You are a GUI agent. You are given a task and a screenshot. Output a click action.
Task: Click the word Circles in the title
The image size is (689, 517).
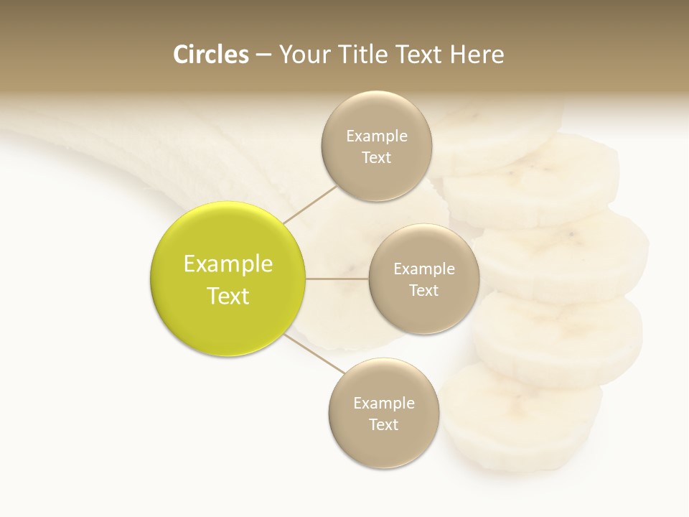pyautogui.click(x=210, y=55)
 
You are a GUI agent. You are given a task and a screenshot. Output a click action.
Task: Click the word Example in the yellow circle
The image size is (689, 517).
pyautogui.click(x=228, y=264)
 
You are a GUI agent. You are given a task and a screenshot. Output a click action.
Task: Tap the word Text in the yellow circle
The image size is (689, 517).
pyautogui.click(x=228, y=296)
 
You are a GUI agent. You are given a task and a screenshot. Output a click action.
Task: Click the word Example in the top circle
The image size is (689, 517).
pyautogui.click(x=377, y=136)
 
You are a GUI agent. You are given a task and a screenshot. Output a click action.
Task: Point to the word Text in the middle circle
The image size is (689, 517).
pyautogui.click(x=423, y=291)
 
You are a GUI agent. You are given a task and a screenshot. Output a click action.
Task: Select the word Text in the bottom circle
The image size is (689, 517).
pyautogui.click(x=383, y=425)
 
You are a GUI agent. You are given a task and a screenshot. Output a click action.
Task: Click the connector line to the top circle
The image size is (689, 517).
pyautogui.click(x=310, y=204)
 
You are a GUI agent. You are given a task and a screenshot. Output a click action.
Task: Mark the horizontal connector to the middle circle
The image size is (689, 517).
pyautogui.click(x=337, y=279)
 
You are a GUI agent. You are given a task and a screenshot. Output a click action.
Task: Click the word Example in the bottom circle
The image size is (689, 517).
pyautogui.click(x=384, y=404)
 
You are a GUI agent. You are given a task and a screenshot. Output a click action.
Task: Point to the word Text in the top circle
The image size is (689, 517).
pyautogui.click(x=376, y=158)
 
